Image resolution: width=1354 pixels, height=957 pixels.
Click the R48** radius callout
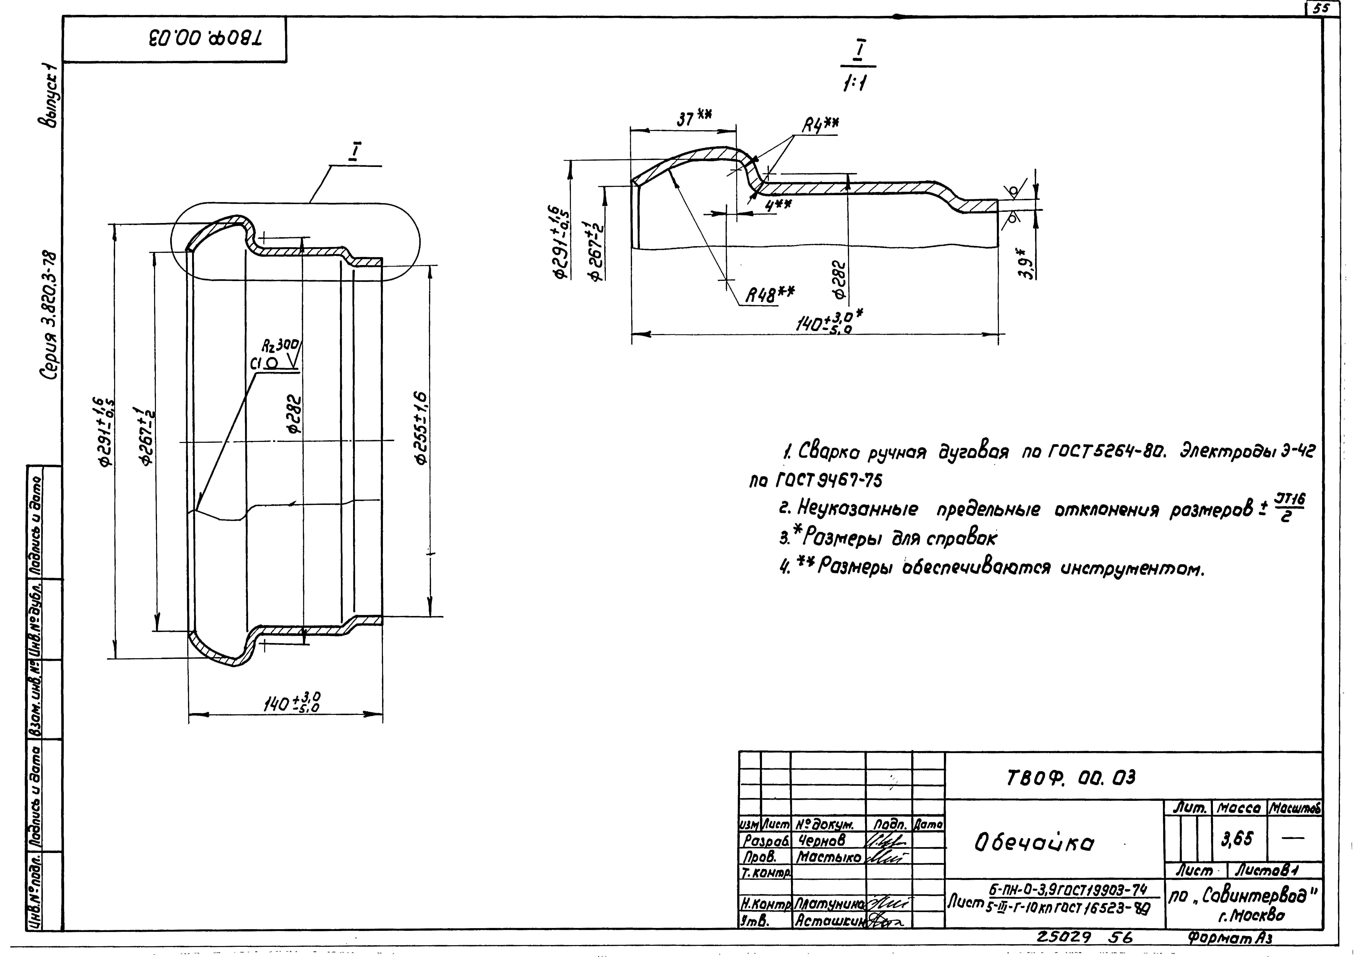tap(770, 293)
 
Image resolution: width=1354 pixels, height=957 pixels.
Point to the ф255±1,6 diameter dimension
tap(421, 427)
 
